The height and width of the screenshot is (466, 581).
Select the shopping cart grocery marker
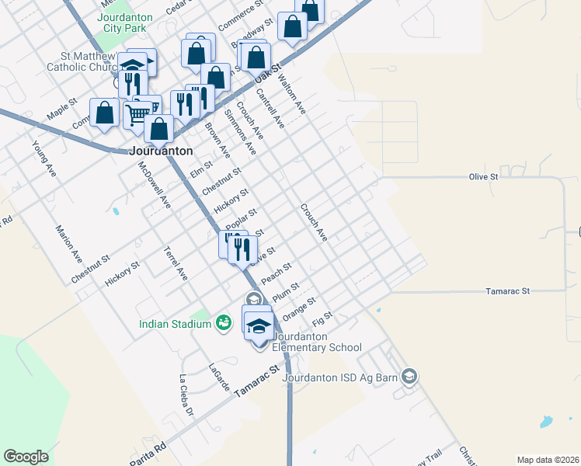pyautogui.click(x=137, y=115)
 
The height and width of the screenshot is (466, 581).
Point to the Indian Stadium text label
pyautogui.click(x=176, y=324)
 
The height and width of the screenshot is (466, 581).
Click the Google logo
pyautogui.click(x=26, y=457)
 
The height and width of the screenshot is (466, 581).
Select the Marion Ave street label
pyautogui.click(x=68, y=242)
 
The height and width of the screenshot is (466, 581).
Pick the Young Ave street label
pyautogui.click(x=43, y=159)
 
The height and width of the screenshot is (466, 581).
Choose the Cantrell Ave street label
pyautogui.click(x=271, y=109)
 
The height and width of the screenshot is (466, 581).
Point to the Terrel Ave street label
pyautogui.click(x=176, y=263)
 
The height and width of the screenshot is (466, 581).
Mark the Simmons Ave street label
pyautogui.click(x=239, y=131)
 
